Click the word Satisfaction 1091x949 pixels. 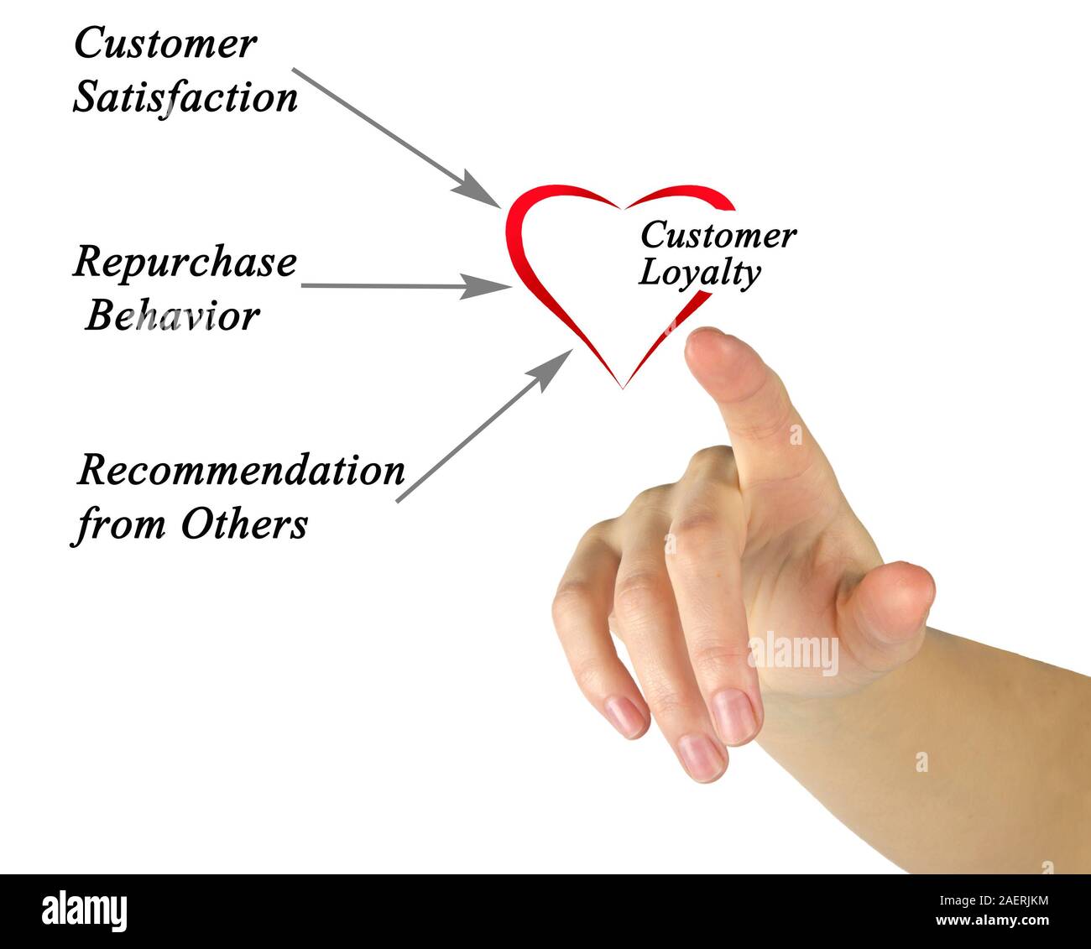pyautogui.click(x=185, y=97)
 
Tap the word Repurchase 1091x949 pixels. pyautogui.click(x=185, y=263)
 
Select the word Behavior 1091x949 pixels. pyautogui.click(x=172, y=316)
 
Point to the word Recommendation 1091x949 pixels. pyautogui.click(x=241, y=471)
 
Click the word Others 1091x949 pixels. pyautogui.click(x=244, y=524)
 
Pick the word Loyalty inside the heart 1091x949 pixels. pyautogui.click(x=699, y=274)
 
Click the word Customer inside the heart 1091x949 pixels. pyautogui.click(x=718, y=236)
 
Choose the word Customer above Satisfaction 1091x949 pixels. pyautogui.click(x=165, y=44)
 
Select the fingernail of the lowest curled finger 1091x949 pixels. pyautogui.click(x=701, y=755)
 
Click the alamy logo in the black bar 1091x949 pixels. pyautogui.click(x=85, y=911)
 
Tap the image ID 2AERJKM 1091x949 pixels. pyautogui.click(x=1003, y=901)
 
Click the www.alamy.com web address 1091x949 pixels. pyautogui.click(x=991, y=921)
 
